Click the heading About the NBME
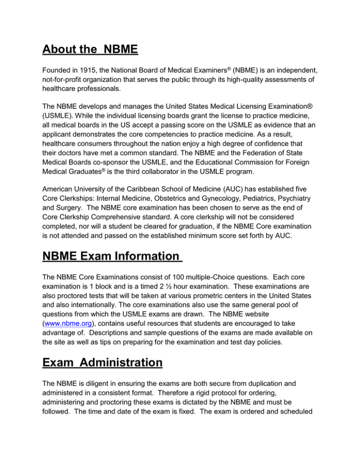pos(92,49)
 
